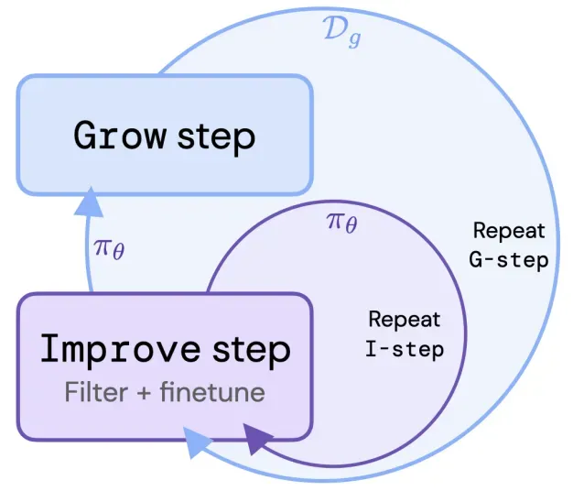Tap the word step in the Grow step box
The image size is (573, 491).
[x=214, y=137]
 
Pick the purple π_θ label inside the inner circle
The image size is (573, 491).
[x=341, y=222]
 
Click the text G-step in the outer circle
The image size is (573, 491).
[x=509, y=260]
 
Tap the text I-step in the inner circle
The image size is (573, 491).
[x=404, y=349]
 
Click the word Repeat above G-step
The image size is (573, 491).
[x=509, y=231]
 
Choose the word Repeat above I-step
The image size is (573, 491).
[x=404, y=320]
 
